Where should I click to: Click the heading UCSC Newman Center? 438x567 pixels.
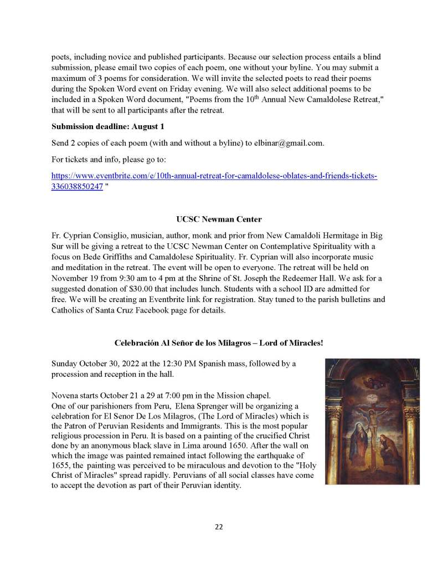219,219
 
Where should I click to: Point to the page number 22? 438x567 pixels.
219,527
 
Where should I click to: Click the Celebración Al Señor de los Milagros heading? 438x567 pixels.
219,343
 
